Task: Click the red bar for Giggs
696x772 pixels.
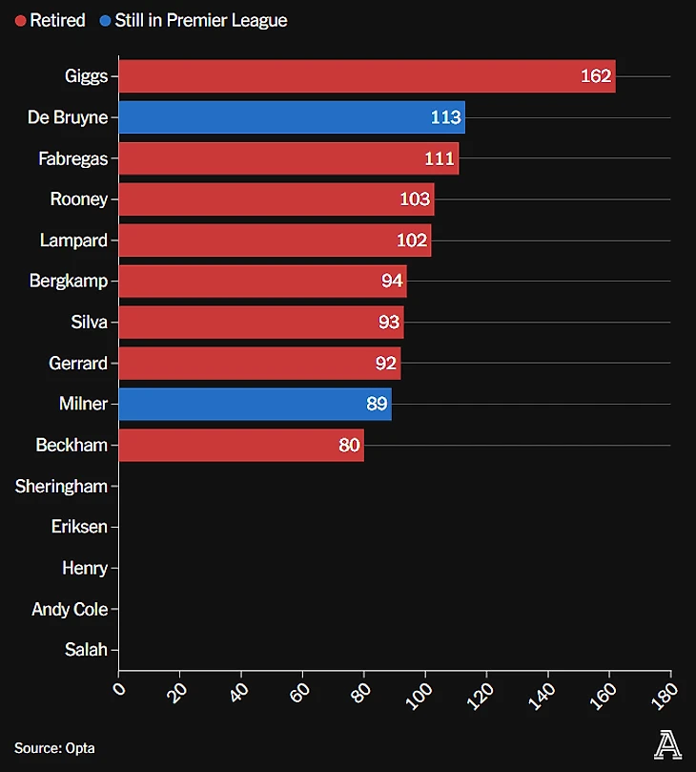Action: coord(367,76)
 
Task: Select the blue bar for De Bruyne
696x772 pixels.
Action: coord(292,117)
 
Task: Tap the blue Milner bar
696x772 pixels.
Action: coord(255,404)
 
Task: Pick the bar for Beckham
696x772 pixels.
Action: coord(241,445)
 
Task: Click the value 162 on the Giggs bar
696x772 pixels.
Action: coord(596,76)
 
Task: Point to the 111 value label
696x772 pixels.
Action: coord(440,158)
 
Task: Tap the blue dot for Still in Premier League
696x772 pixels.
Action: coord(105,20)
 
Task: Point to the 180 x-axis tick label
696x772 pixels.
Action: coord(665,690)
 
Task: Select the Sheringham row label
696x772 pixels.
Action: coord(61,486)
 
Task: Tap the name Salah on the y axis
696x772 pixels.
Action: coord(86,650)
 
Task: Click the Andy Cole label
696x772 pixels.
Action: coord(70,609)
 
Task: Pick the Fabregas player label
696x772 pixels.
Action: coord(72,158)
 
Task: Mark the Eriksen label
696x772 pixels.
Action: coord(79,527)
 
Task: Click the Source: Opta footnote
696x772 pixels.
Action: coord(54,748)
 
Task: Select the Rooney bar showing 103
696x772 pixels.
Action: coord(276,199)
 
